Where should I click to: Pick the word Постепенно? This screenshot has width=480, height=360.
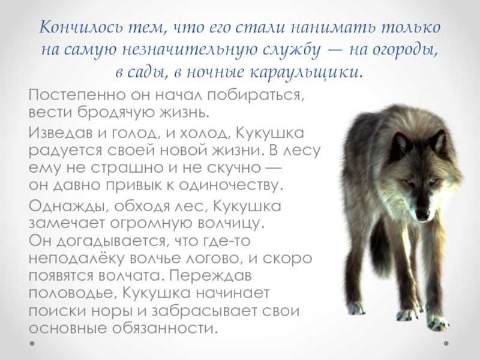pos(77,95)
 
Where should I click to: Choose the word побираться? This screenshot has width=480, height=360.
pos(256,95)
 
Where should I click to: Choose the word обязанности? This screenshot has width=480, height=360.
pos(166,328)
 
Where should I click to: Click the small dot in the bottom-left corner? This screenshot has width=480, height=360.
pos(32,343)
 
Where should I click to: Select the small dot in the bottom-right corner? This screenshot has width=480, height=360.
pos(446,343)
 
